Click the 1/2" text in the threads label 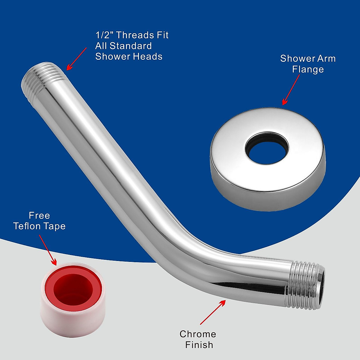(104, 35)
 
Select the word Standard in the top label (130, 46)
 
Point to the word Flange (308, 69)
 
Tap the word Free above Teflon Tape (39, 215)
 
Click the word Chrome (198, 334)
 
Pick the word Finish (199, 345)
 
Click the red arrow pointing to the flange (291, 90)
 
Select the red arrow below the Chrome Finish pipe (213, 312)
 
